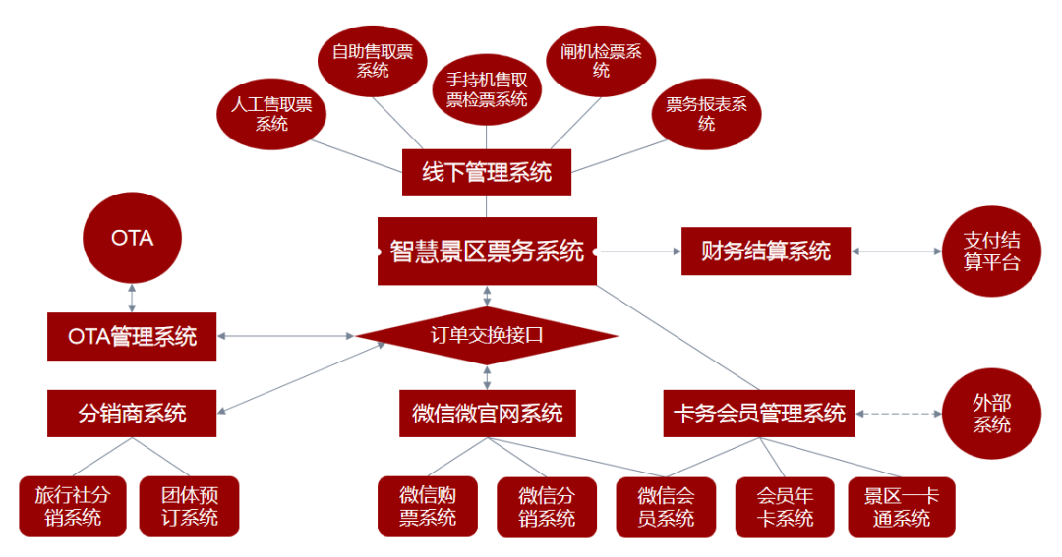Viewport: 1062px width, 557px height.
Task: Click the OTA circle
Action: [x=132, y=238]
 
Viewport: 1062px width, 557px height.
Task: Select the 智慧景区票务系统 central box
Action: [x=487, y=251]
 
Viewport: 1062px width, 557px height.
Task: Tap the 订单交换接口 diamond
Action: [x=487, y=335]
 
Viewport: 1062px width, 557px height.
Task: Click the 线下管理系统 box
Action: [x=487, y=173]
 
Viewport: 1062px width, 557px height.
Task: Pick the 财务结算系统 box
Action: [x=765, y=251]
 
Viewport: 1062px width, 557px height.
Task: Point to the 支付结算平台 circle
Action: [x=990, y=251]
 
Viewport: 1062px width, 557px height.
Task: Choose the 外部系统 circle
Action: [x=990, y=414]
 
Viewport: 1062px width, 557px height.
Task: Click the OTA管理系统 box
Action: [x=132, y=336]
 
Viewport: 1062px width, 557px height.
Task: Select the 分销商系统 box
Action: [x=132, y=414]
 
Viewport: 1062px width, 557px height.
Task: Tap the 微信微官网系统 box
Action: [x=487, y=414]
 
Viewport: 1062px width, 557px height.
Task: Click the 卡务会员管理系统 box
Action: [x=759, y=414]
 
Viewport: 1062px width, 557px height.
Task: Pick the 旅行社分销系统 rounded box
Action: [x=73, y=507]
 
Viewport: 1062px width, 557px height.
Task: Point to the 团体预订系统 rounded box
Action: [x=190, y=507]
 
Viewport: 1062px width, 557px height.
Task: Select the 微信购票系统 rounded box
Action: [x=427, y=507]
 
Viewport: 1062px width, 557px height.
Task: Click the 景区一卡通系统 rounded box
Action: [x=901, y=507]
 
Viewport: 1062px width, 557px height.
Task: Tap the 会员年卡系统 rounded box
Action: [x=785, y=507]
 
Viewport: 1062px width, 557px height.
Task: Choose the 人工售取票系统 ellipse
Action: [x=271, y=114]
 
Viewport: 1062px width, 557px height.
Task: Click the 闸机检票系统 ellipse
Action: [x=601, y=61]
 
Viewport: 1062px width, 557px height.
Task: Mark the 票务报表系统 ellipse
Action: [x=706, y=114]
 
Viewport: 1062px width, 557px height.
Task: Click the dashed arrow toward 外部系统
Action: [x=899, y=414]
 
